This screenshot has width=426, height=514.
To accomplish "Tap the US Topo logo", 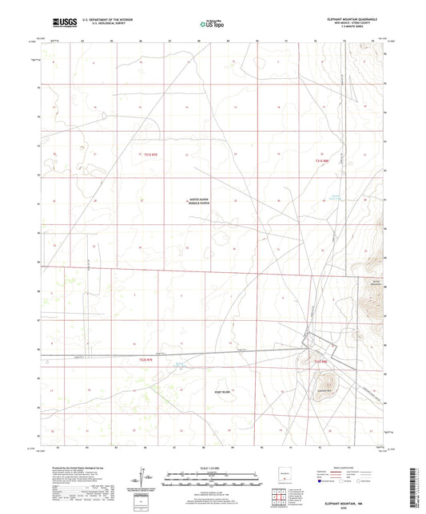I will pyautogui.click(x=210, y=24).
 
